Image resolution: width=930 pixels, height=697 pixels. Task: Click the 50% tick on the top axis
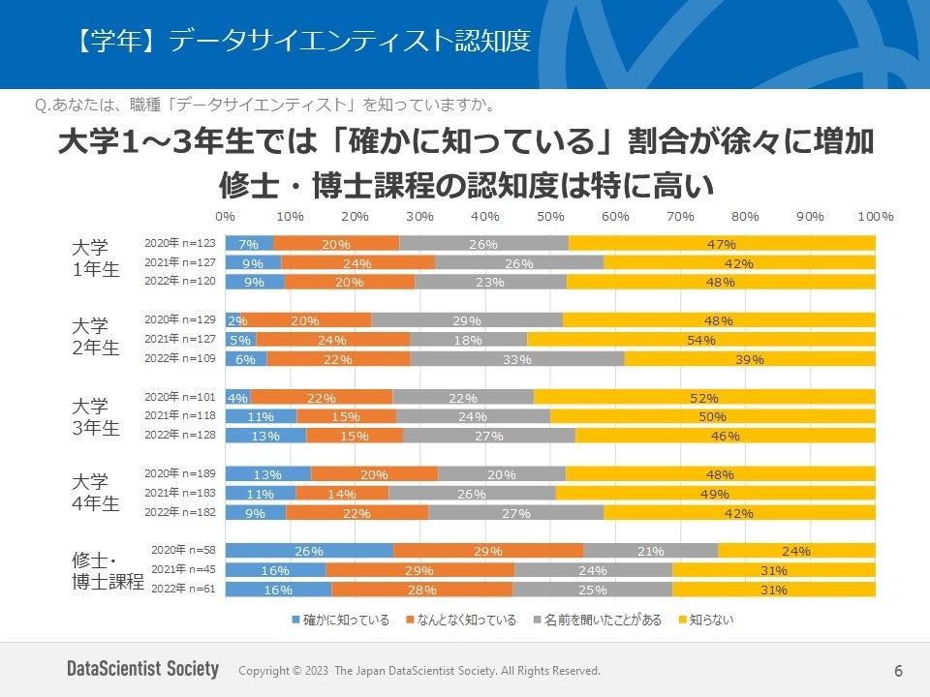tap(550, 216)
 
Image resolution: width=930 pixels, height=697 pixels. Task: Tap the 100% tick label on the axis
tap(876, 216)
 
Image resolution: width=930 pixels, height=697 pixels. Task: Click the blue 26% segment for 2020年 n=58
tap(309, 551)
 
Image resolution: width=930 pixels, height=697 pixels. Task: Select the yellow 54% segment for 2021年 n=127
tap(701, 340)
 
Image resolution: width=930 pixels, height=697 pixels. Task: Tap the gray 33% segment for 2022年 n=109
tap(517, 359)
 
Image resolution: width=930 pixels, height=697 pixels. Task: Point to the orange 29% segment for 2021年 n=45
tap(420, 570)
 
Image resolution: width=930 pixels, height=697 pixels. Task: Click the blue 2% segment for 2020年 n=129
tap(233, 320)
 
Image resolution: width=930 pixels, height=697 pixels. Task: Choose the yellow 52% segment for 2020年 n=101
tap(704, 398)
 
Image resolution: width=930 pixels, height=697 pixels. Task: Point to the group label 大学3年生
tap(96, 416)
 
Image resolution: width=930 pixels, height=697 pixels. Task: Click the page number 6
tap(898, 671)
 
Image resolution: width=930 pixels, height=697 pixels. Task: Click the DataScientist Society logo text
tap(142, 670)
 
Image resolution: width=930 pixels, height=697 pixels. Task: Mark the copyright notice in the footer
tap(418, 671)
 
